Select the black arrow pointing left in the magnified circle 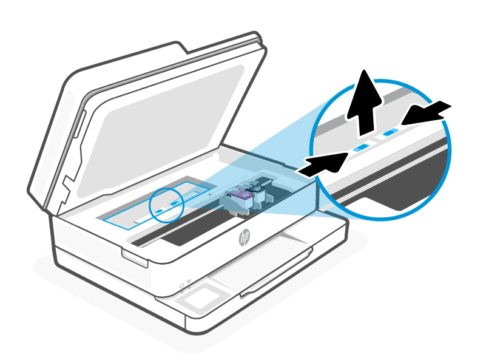click(427, 114)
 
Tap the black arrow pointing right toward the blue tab click(325, 164)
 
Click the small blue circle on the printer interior click(166, 204)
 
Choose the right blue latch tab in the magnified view click(391, 131)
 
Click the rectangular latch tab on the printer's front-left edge click(134, 257)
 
